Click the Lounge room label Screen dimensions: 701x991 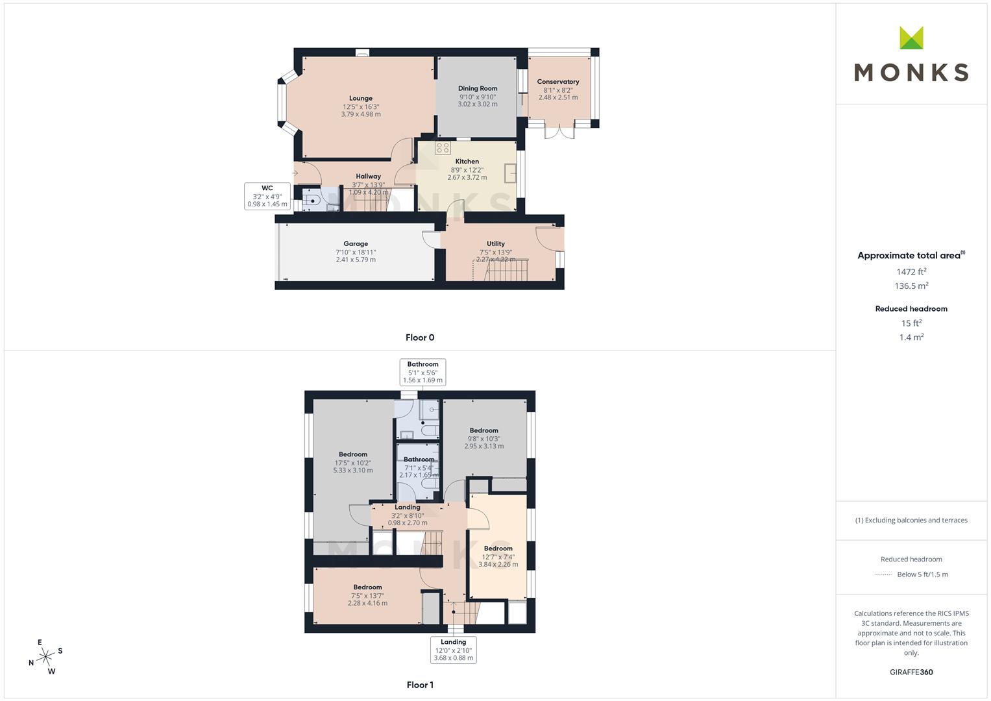tap(361, 99)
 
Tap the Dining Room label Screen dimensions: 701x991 tap(478, 88)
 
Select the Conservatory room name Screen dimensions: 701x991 tap(558, 82)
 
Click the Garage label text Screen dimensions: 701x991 tap(356, 244)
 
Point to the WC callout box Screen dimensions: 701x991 tap(267, 196)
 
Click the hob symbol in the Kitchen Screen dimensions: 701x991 tap(443, 148)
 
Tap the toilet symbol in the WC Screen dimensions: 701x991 tap(311, 201)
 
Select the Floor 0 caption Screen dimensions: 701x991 tap(420, 338)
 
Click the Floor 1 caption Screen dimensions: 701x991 tap(420, 685)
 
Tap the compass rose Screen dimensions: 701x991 tap(45, 657)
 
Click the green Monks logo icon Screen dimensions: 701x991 tap(911, 38)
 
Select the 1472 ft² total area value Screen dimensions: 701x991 tap(911, 272)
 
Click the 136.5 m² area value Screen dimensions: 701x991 tap(911, 286)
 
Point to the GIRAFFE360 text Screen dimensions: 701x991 tap(911, 672)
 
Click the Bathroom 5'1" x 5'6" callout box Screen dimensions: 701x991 tap(422, 372)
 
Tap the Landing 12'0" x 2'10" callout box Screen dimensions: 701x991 tap(454, 650)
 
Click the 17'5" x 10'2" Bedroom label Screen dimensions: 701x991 tap(353, 454)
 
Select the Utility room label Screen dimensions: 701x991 tap(496, 244)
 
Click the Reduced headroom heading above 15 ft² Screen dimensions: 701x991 tap(911, 309)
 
